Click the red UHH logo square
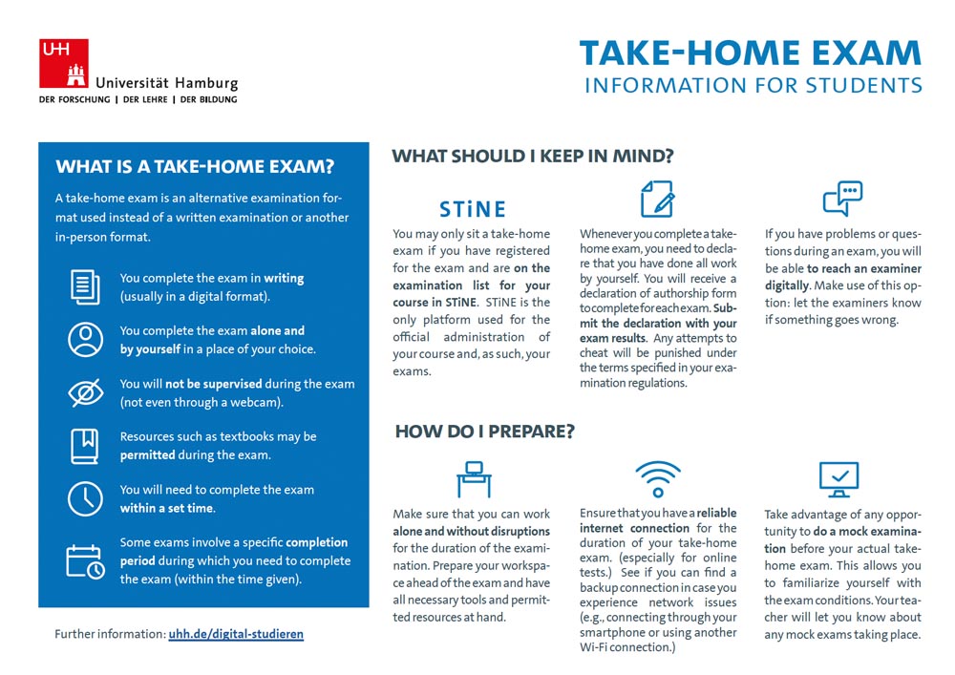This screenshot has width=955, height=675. click(x=63, y=63)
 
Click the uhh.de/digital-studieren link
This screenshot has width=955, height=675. click(x=236, y=634)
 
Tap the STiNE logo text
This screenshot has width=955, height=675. click(x=472, y=209)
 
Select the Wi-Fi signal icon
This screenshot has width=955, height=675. click(x=658, y=478)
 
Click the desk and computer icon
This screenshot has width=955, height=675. click(x=473, y=479)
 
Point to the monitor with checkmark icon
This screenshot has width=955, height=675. click(x=838, y=478)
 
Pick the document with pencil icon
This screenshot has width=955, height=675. click(x=657, y=199)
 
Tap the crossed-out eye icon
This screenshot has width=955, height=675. click(x=86, y=392)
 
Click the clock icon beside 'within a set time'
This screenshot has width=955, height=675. click(x=86, y=498)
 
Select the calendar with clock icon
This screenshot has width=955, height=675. click(x=86, y=560)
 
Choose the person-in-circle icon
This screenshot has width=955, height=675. click(x=86, y=340)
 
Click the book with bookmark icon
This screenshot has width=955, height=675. click(x=86, y=446)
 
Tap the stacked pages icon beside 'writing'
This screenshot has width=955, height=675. click(x=86, y=286)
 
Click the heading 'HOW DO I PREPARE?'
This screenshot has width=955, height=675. click(x=484, y=432)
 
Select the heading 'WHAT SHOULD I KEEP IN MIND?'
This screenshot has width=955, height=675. click(x=533, y=157)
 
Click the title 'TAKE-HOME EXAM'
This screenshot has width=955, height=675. click(x=751, y=52)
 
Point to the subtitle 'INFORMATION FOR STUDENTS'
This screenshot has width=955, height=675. click(x=753, y=85)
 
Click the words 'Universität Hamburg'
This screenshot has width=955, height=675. click(x=167, y=83)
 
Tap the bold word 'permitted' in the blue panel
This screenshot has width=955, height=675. click(x=148, y=455)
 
